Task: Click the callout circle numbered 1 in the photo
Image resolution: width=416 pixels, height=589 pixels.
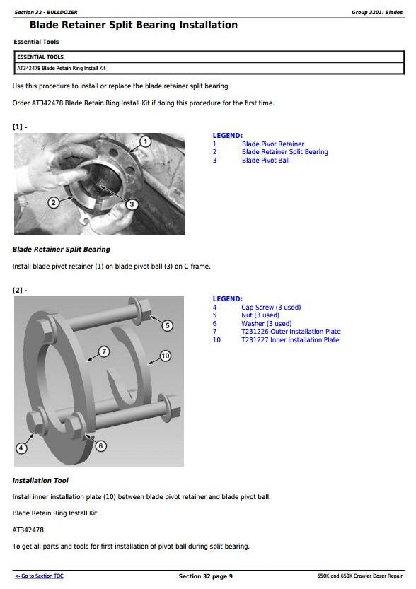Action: point(146,141)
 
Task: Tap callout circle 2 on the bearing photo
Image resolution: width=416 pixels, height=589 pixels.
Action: point(53,203)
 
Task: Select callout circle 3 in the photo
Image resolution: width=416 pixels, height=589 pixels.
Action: point(132,204)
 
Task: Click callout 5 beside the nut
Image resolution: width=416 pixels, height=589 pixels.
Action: point(168,325)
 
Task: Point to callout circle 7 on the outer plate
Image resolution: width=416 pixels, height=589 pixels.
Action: point(104,351)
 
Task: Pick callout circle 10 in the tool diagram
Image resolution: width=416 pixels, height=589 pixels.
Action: point(166,356)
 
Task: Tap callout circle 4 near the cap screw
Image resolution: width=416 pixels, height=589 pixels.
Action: point(21,448)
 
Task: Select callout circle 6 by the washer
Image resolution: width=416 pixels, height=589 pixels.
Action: point(100,446)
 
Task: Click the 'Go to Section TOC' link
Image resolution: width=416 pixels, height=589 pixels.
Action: point(39,576)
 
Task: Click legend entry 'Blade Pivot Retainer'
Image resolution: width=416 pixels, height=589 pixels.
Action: point(273,144)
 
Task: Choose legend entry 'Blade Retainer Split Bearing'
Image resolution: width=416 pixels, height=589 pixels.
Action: point(285,152)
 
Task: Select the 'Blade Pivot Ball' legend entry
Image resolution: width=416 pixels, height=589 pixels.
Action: point(266,160)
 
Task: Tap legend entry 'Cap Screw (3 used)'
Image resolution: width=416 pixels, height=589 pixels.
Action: point(271,308)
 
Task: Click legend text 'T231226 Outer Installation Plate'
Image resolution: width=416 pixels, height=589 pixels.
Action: point(291,332)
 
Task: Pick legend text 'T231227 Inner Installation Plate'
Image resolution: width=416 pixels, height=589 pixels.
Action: point(290,339)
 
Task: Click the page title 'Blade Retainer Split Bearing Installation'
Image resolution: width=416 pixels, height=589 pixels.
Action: point(134,25)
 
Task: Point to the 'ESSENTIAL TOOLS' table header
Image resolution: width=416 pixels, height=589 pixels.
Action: point(40,57)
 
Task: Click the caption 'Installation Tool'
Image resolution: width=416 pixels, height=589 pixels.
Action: point(40,480)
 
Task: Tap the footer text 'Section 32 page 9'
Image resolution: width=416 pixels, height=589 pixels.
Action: point(206,576)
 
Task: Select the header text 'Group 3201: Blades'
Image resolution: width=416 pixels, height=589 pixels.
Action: point(377,13)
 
